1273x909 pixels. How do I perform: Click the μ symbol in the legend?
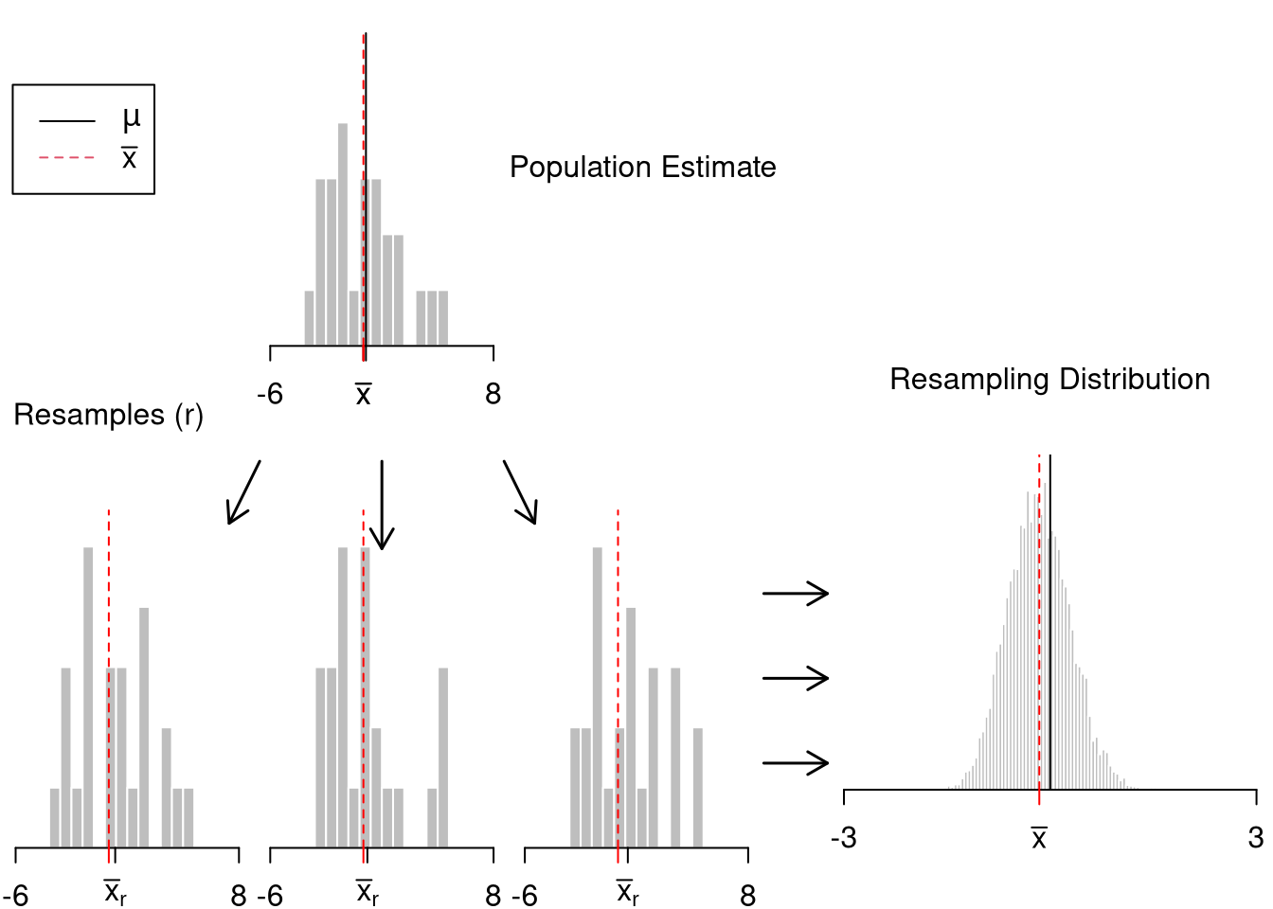coord(131,119)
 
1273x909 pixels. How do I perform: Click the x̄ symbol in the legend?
coord(130,158)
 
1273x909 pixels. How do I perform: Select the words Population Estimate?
coord(642,168)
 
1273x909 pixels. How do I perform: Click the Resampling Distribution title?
coord(1049,380)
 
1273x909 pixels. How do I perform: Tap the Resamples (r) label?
coord(108,416)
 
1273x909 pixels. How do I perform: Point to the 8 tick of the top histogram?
coord(493,394)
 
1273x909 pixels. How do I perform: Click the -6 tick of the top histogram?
coord(270,394)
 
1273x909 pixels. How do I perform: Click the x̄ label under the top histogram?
coord(363,395)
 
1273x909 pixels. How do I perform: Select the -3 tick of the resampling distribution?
coord(843,838)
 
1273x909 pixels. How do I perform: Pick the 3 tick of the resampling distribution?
coord(1256,838)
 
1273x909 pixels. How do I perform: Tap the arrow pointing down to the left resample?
coord(242,492)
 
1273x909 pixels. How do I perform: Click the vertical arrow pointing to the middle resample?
coord(382,505)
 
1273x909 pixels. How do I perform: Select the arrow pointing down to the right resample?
coord(520,492)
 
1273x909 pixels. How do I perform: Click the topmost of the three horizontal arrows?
coord(796,594)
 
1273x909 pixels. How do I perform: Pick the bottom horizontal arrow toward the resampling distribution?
coord(796,762)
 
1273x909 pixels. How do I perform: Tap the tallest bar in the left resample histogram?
coord(88,697)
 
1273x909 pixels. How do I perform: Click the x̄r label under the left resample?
coord(115,893)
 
